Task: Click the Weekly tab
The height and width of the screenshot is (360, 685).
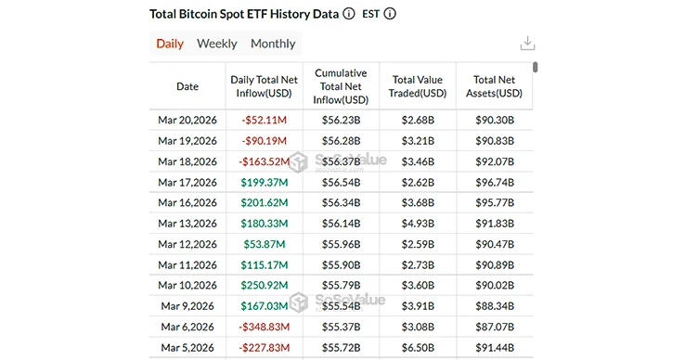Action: [x=216, y=44]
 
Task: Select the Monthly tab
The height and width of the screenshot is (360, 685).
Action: [x=273, y=44]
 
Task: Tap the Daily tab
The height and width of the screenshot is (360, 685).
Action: [x=170, y=44]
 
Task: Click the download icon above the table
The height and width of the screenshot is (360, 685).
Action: [x=527, y=44]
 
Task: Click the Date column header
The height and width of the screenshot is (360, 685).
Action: [x=187, y=86]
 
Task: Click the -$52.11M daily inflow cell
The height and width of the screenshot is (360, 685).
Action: [x=264, y=121]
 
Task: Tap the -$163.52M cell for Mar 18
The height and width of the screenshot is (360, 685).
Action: [x=264, y=161]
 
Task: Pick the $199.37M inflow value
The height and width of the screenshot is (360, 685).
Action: [x=264, y=182]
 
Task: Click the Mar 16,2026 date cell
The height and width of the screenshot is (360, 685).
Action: [x=187, y=202]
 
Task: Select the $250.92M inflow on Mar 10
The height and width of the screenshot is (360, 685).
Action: [x=264, y=285]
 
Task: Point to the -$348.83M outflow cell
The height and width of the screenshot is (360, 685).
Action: [x=264, y=326]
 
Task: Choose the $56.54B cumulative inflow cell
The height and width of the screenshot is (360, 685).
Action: [x=341, y=182]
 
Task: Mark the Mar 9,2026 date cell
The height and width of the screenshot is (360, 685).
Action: [x=187, y=305]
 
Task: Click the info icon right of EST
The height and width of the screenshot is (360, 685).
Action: [x=390, y=14]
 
